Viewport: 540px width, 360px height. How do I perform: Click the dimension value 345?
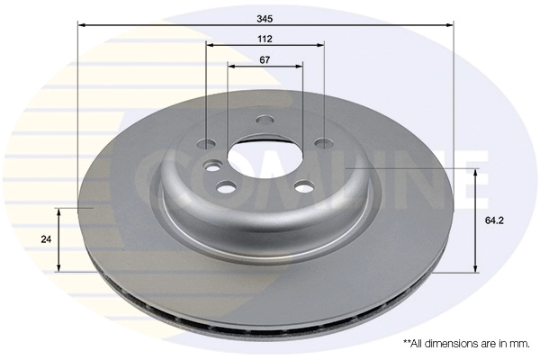[x=265, y=17]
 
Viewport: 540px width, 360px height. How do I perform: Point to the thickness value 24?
[x=44, y=239]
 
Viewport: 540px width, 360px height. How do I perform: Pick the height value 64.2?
[x=493, y=219]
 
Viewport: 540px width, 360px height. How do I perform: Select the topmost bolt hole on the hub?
[x=265, y=121]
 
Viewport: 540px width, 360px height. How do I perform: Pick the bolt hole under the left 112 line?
[x=206, y=144]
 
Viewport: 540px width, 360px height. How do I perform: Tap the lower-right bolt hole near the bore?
[x=303, y=185]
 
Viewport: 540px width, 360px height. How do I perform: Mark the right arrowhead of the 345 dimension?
[x=450, y=25]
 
